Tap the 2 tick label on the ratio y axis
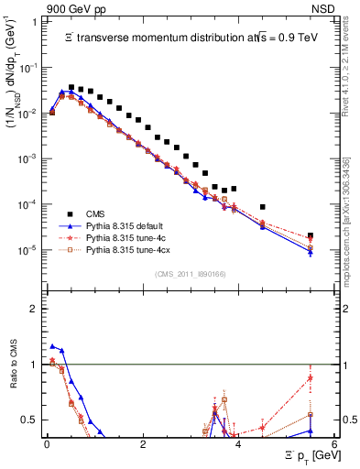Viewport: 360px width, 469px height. pos(34,309)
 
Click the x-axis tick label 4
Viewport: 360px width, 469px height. pos(238,444)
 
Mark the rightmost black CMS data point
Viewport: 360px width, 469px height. pos(311,235)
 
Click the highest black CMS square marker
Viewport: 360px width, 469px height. pos(71,87)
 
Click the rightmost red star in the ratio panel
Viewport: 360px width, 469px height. pos(311,378)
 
